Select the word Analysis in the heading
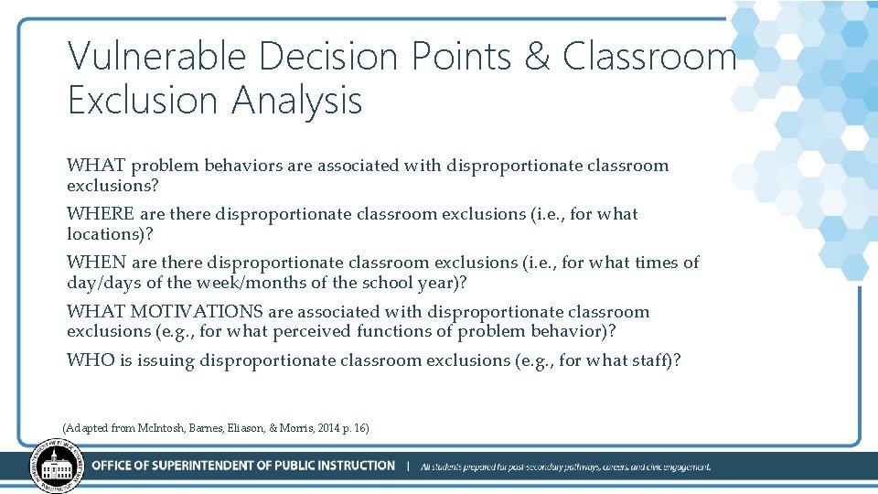[x=297, y=101]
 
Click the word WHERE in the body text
[x=101, y=214]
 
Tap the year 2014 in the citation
[x=327, y=427]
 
